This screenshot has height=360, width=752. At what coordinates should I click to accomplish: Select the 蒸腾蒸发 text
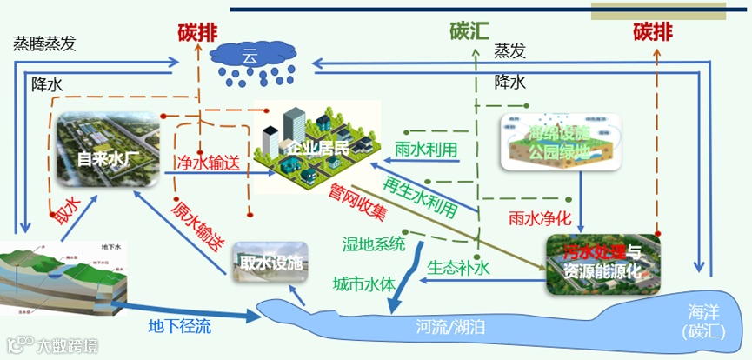(x=44, y=43)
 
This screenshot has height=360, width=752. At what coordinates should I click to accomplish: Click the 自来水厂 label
(x=109, y=159)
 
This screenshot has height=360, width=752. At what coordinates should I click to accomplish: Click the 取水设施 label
(x=271, y=261)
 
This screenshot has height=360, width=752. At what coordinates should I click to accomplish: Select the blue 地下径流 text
(x=178, y=326)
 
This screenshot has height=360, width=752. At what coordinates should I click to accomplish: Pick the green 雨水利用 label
(x=426, y=149)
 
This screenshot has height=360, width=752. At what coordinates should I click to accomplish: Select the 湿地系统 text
(x=375, y=244)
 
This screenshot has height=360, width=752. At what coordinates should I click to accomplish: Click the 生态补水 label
(x=460, y=269)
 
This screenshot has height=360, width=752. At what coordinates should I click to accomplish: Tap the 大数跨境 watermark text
(x=67, y=346)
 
